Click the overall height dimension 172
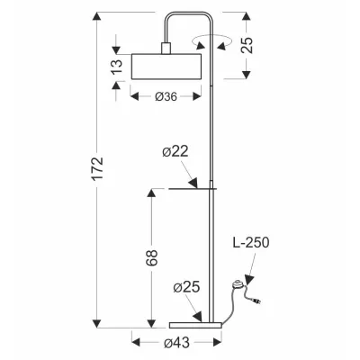coord(98,167)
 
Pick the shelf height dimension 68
coord(152,257)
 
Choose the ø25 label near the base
coord(185,288)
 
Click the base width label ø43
coord(176,342)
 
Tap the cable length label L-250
coord(251,242)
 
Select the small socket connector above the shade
coord(166,49)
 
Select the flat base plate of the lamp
coord(193,321)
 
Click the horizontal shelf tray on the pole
coord(190,188)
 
